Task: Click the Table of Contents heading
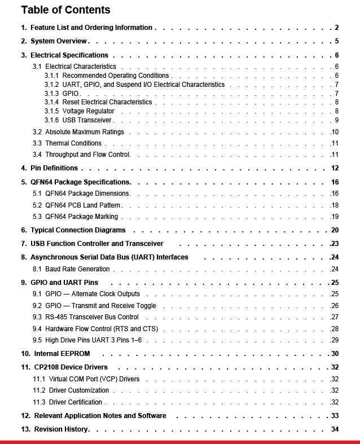pyautogui.click(x=65, y=10)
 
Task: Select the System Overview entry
pyautogui.click(x=59, y=41)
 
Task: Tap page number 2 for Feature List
pyautogui.click(x=336, y=28)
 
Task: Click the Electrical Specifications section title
pyautogui.click(x=69, y=55)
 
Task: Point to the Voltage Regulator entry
pyautogui.click(x=88, y=111)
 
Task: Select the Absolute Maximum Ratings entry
pyautogui.click(x=84, y=132)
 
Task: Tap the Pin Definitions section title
pyautogui.click(x=54, y=168)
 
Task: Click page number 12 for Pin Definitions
pyautogui.click(x=335, y=168)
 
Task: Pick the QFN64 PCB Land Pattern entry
pyautogui.click(x=83, y=205)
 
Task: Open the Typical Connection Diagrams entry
pyautogui.click(x=77, y=230)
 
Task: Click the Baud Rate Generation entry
pyautogui.click(x=77, y=269)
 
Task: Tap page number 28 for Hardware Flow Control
pyautogui.click(x=335, y=329)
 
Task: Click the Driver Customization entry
pyautogui.click(x=78, y=390)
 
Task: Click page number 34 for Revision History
pyautogui.click(x=335, y=429)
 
